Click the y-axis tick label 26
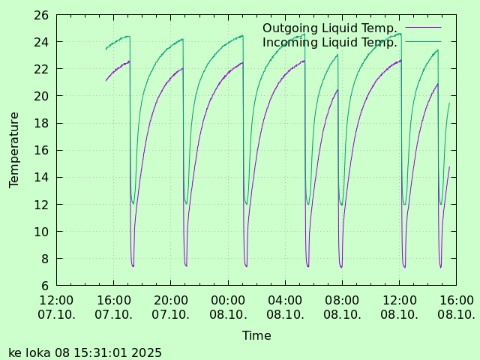(x=42, y=15)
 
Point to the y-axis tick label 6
(x=45, y=286)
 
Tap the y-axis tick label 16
(x=42, y=150)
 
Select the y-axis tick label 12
(x=42, y=205)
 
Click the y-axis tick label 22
(x=42, y=69)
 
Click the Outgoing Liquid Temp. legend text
(x=330, y=28)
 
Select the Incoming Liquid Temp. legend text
(x=330, y=43)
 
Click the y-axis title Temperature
(x=14, y=149)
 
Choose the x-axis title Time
(x=256, y=336)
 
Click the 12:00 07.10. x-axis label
(x=56, y=307)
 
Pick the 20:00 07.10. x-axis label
(x=171, y=307)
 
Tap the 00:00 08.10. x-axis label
(x=228, y=307)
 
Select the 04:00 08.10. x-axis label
(x=285, y=307)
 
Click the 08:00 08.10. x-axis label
(x=342, y=307)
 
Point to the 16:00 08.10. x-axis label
(x=456, y=307)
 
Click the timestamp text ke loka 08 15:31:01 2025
(x=85, y=352)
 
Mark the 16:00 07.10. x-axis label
(x=113, y=307)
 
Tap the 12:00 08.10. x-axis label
(x=399, y=307)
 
